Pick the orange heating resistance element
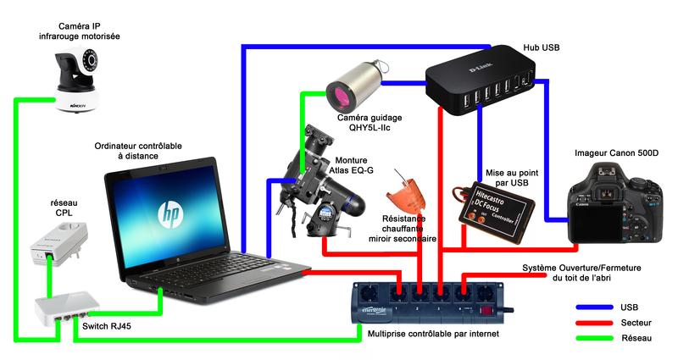coord(405,197)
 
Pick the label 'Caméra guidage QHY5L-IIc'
coord(369,123)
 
